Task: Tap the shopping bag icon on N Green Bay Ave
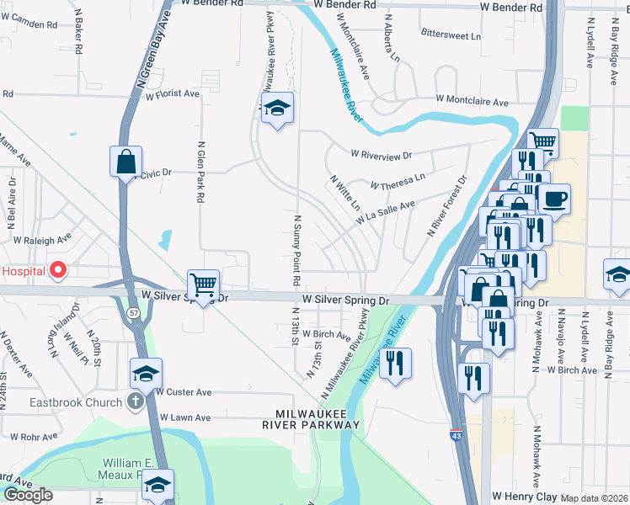125,161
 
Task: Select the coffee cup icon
554,199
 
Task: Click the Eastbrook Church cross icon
135,402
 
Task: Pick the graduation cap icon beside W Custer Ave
146,374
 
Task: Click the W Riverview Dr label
382,156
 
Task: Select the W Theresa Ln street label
398,182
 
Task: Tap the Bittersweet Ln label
451,36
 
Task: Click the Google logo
28,495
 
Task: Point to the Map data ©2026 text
595,498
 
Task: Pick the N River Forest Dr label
448,206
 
